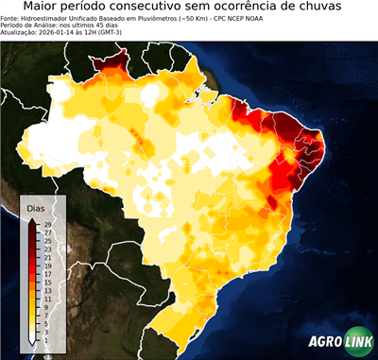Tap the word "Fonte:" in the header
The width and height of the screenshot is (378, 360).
click(x=11, y=18)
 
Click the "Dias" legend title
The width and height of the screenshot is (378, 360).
click(x=35, y=208)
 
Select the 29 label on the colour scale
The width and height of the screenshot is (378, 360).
click(x=46, y=224)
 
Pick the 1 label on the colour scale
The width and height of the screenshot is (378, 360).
click(x=45, y=339)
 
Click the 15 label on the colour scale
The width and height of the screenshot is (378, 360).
click(x=46, y=282)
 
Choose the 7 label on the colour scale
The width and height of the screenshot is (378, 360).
click(x=45, y=315)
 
